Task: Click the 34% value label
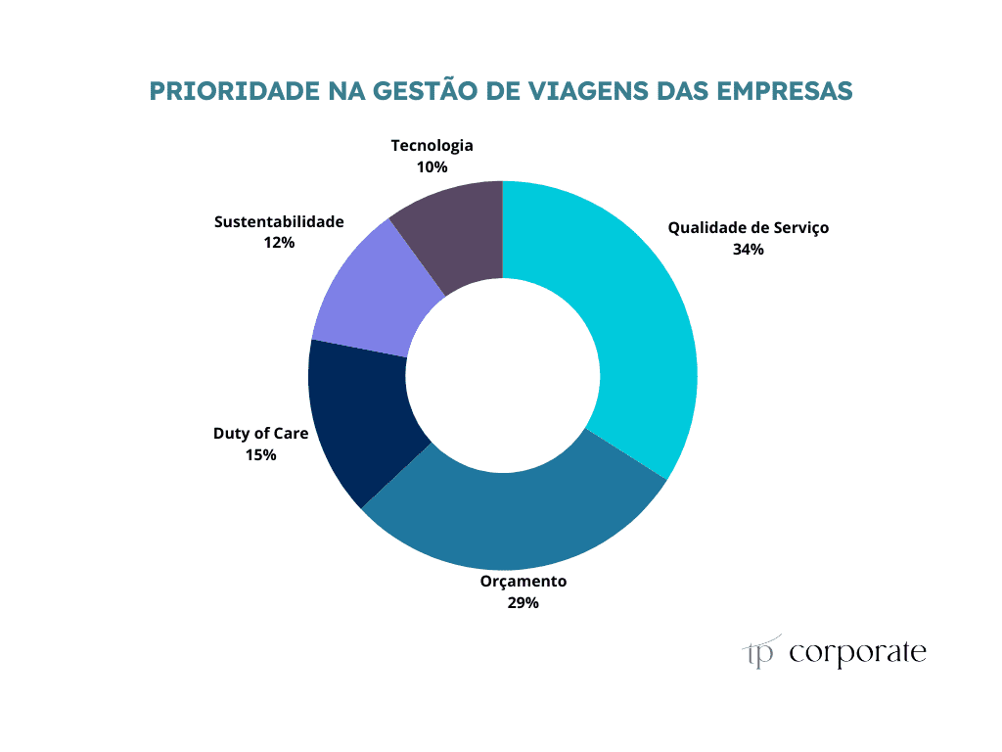point(748,249)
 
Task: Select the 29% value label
point(523,603)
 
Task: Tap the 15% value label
point(260,454)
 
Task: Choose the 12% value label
point(279,243)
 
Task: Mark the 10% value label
point(432,167)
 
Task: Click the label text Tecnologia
point(432,146)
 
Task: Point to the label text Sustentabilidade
point(279,222)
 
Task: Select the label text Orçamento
point(523,582)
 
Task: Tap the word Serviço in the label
point(799,228)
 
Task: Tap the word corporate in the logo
point(857,653)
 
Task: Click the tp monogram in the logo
point(760,653)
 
